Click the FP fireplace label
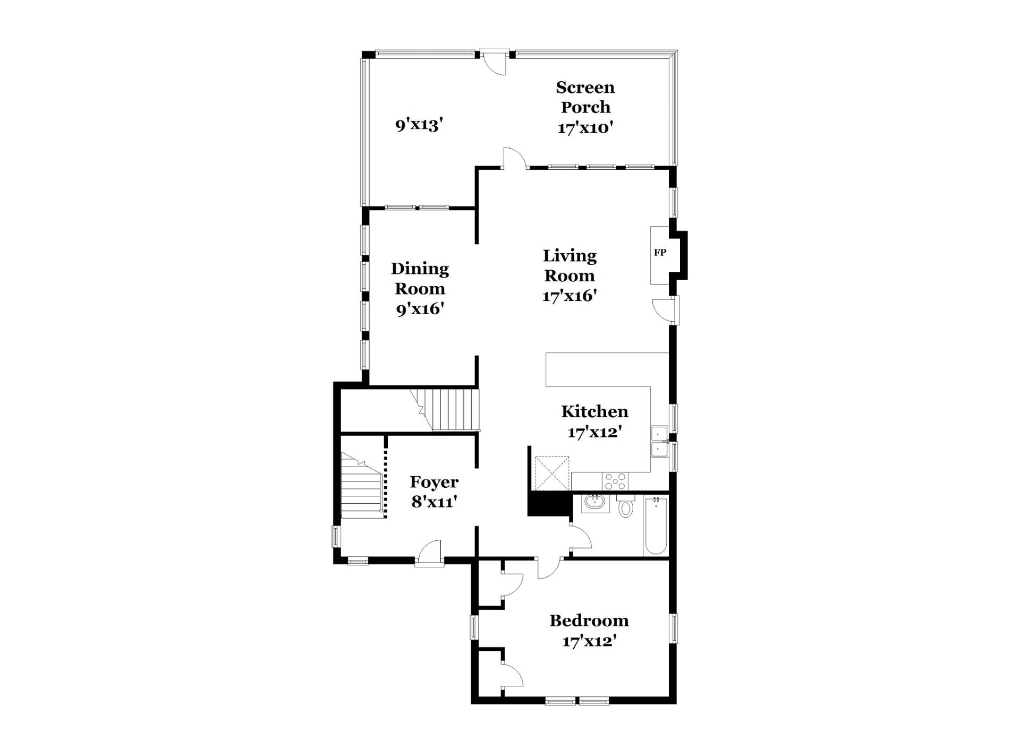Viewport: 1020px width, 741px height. [660, 253]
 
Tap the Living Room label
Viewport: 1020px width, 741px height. [569, 265]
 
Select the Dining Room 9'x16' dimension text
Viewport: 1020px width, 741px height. [420, 308]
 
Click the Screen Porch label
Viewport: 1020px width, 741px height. [585, 97]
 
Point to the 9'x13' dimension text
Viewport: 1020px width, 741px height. [419, 125]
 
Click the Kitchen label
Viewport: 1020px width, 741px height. [594, 411]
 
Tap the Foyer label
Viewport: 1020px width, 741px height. [434, 482]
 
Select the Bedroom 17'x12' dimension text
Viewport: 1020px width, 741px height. [589, 641]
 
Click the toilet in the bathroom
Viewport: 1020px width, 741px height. [626, 506]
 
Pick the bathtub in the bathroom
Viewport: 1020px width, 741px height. [656, 525]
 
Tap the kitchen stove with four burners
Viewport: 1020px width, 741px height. [615, 481]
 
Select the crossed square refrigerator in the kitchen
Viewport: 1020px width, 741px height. [551, 473]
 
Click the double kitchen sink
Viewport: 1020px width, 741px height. [659, 442]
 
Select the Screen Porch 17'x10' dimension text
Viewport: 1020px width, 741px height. [585, 128]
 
